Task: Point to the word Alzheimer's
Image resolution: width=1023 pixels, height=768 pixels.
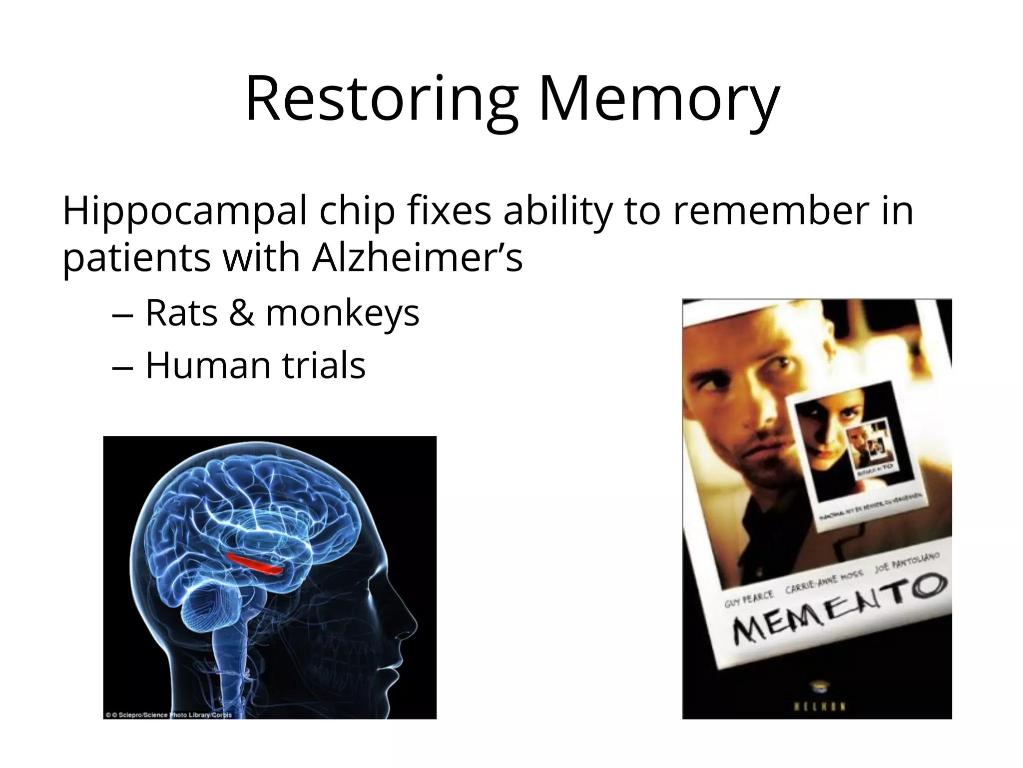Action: click(x=417, y=258)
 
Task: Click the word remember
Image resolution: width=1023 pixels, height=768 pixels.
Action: click(x=769, y=211)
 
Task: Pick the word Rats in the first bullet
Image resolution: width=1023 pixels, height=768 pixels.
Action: click(x=181, y=313)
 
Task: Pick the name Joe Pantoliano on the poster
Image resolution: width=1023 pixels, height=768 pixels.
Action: click(x=907, y=562)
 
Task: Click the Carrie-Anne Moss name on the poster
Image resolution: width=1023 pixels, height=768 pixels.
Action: click(x=824, y=581)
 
